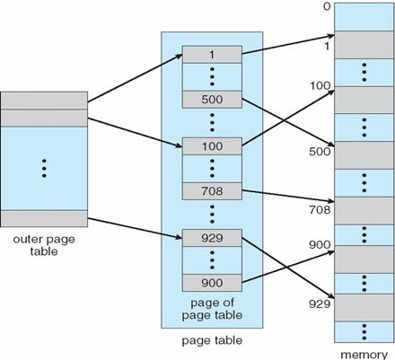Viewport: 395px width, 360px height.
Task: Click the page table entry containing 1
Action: point(212,54)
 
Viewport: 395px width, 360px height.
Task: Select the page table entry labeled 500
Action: point(212,100)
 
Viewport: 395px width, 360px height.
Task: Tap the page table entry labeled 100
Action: point(212,146)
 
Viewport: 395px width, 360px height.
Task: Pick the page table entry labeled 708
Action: point(212,191)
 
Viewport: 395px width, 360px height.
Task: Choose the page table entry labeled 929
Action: point(212,238)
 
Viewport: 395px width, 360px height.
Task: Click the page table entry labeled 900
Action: point(212,283)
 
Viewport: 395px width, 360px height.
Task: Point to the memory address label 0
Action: point(327,6)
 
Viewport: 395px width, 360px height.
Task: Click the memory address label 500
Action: point(320,152)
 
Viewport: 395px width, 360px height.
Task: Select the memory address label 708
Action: point(320,210)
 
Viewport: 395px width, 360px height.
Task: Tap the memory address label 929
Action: point(320,303)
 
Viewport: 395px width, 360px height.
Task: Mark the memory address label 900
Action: point(320,245)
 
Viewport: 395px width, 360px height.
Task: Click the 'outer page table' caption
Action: point(44,245)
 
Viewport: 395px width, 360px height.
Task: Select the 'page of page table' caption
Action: point(212,309)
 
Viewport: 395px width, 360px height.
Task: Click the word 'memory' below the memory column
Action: point(364,355)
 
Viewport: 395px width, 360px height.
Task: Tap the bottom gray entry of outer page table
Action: point(44,218)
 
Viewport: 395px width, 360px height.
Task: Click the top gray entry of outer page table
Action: point(44,101)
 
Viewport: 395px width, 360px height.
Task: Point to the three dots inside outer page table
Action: point(44,169)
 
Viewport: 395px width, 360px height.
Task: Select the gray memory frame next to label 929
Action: point(364,308)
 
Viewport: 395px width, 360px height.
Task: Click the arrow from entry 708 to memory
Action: point(288,196)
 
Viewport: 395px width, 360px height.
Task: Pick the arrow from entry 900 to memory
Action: point(288,267)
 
